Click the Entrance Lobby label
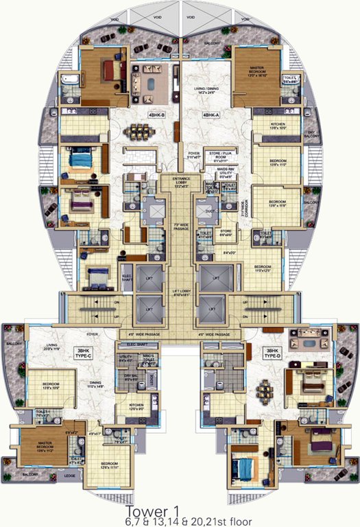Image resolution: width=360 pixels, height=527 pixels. click(180, 183)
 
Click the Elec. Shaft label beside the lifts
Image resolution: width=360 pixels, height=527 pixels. click(127, 271)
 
